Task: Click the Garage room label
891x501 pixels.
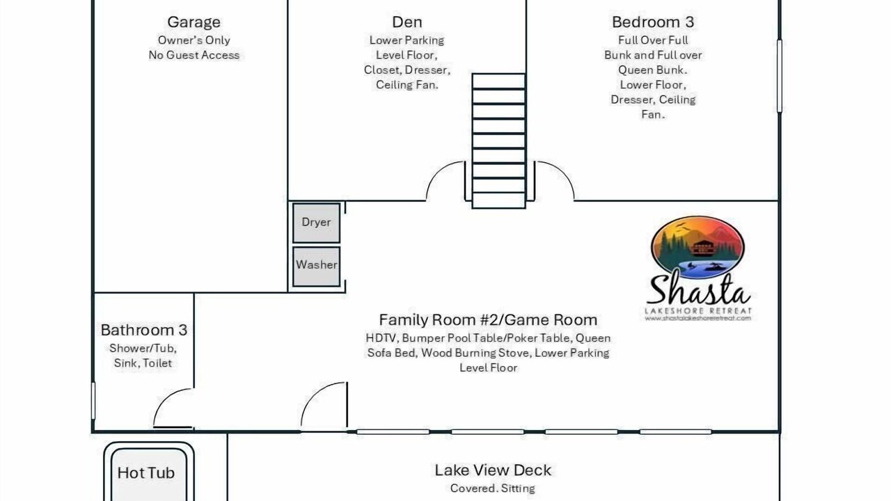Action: coord(194,22)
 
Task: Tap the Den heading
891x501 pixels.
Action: coord(407,22)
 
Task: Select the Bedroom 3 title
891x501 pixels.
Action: coord(653,22)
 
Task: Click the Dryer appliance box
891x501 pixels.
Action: coord(316,223)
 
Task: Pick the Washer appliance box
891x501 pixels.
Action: coord(316,267)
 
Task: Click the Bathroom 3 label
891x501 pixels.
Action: coord(143,330)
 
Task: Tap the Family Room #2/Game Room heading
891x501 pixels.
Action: coord(488,319)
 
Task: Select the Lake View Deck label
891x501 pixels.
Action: coord(493,470)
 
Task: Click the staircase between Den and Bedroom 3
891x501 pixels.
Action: coord(499,141)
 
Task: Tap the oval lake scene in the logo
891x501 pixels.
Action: coord(697,247)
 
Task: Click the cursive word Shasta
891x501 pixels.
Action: coord(698,289)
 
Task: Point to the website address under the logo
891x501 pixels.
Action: coord(698,318)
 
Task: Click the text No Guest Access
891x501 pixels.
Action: coord(194,55)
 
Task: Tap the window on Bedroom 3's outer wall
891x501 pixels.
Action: coord(780,76)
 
